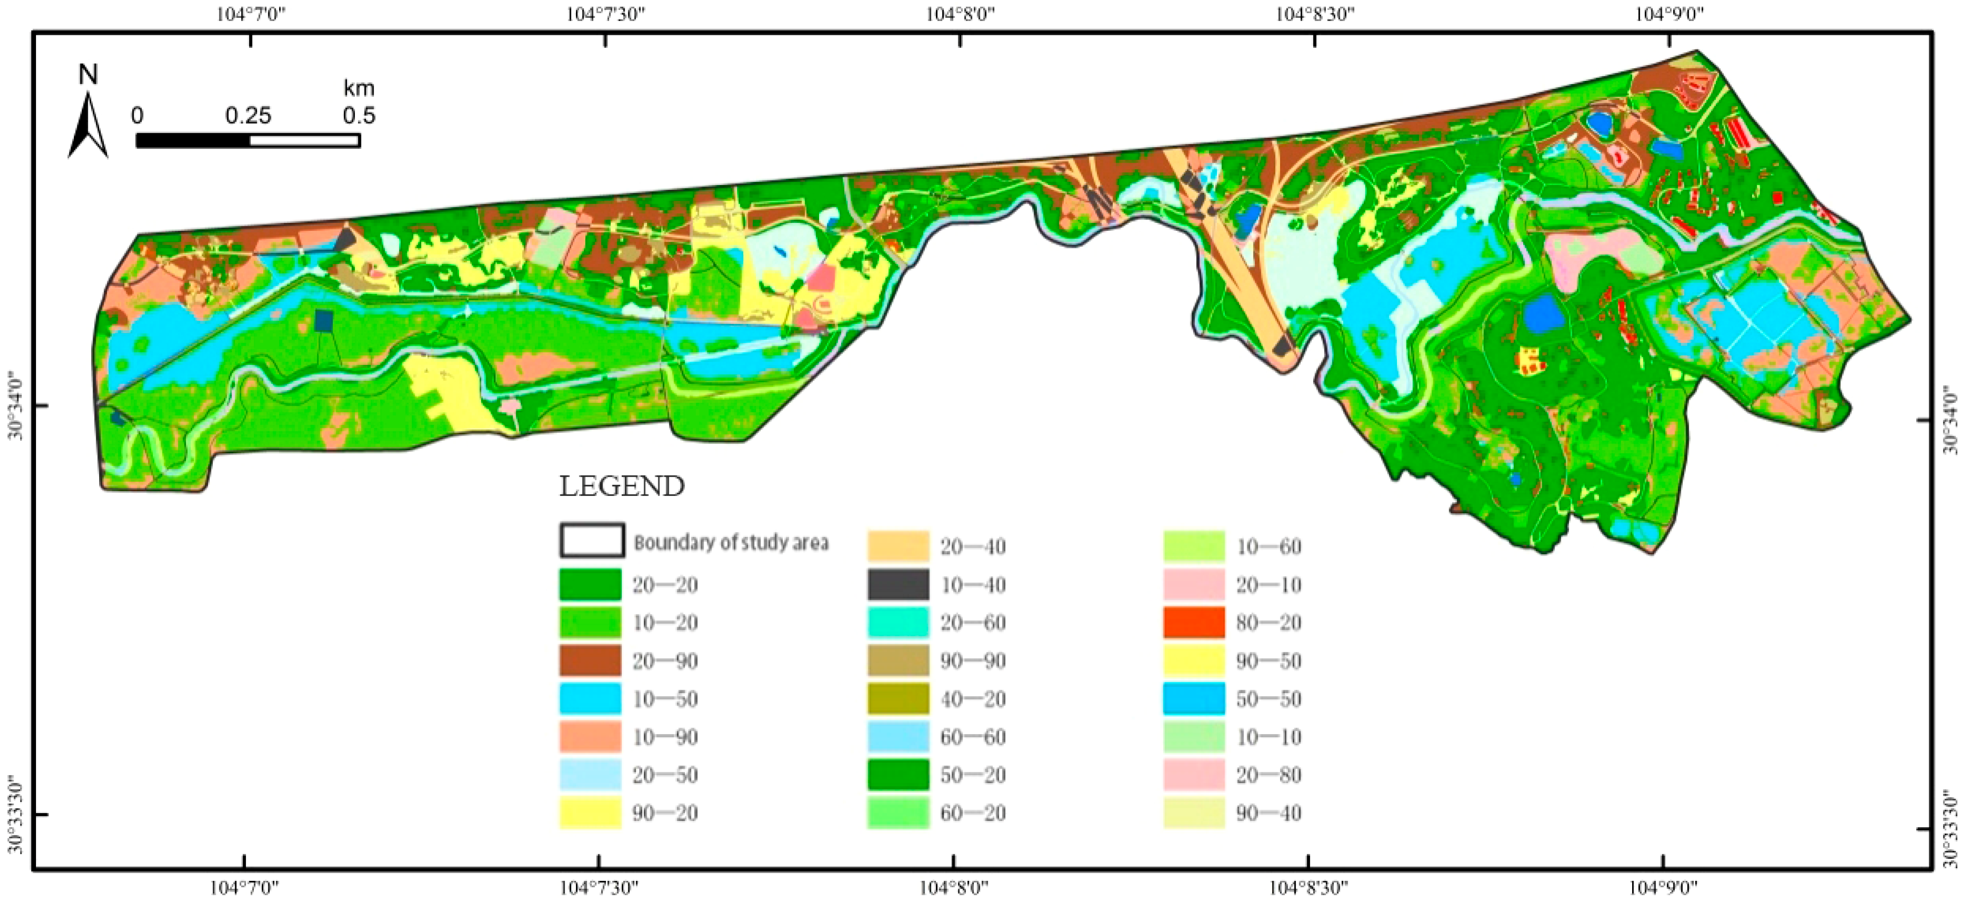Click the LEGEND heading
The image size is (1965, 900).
click(x=622, y=486)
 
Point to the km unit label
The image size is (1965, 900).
click(x=359, y=88)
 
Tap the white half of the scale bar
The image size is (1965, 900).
click(x=304, y=140)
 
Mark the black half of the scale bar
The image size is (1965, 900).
click(x=193, y=140)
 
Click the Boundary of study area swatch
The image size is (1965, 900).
click(x=592, y=541)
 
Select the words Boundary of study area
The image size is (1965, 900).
click(x=731, y=542)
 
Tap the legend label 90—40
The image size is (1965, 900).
click(x=1268, y=813)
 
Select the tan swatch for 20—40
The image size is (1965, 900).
click(x=899, y=547)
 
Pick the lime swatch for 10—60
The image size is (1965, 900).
click(x=1194, y=547)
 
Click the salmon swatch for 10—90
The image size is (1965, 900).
click(x=590, y=737)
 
